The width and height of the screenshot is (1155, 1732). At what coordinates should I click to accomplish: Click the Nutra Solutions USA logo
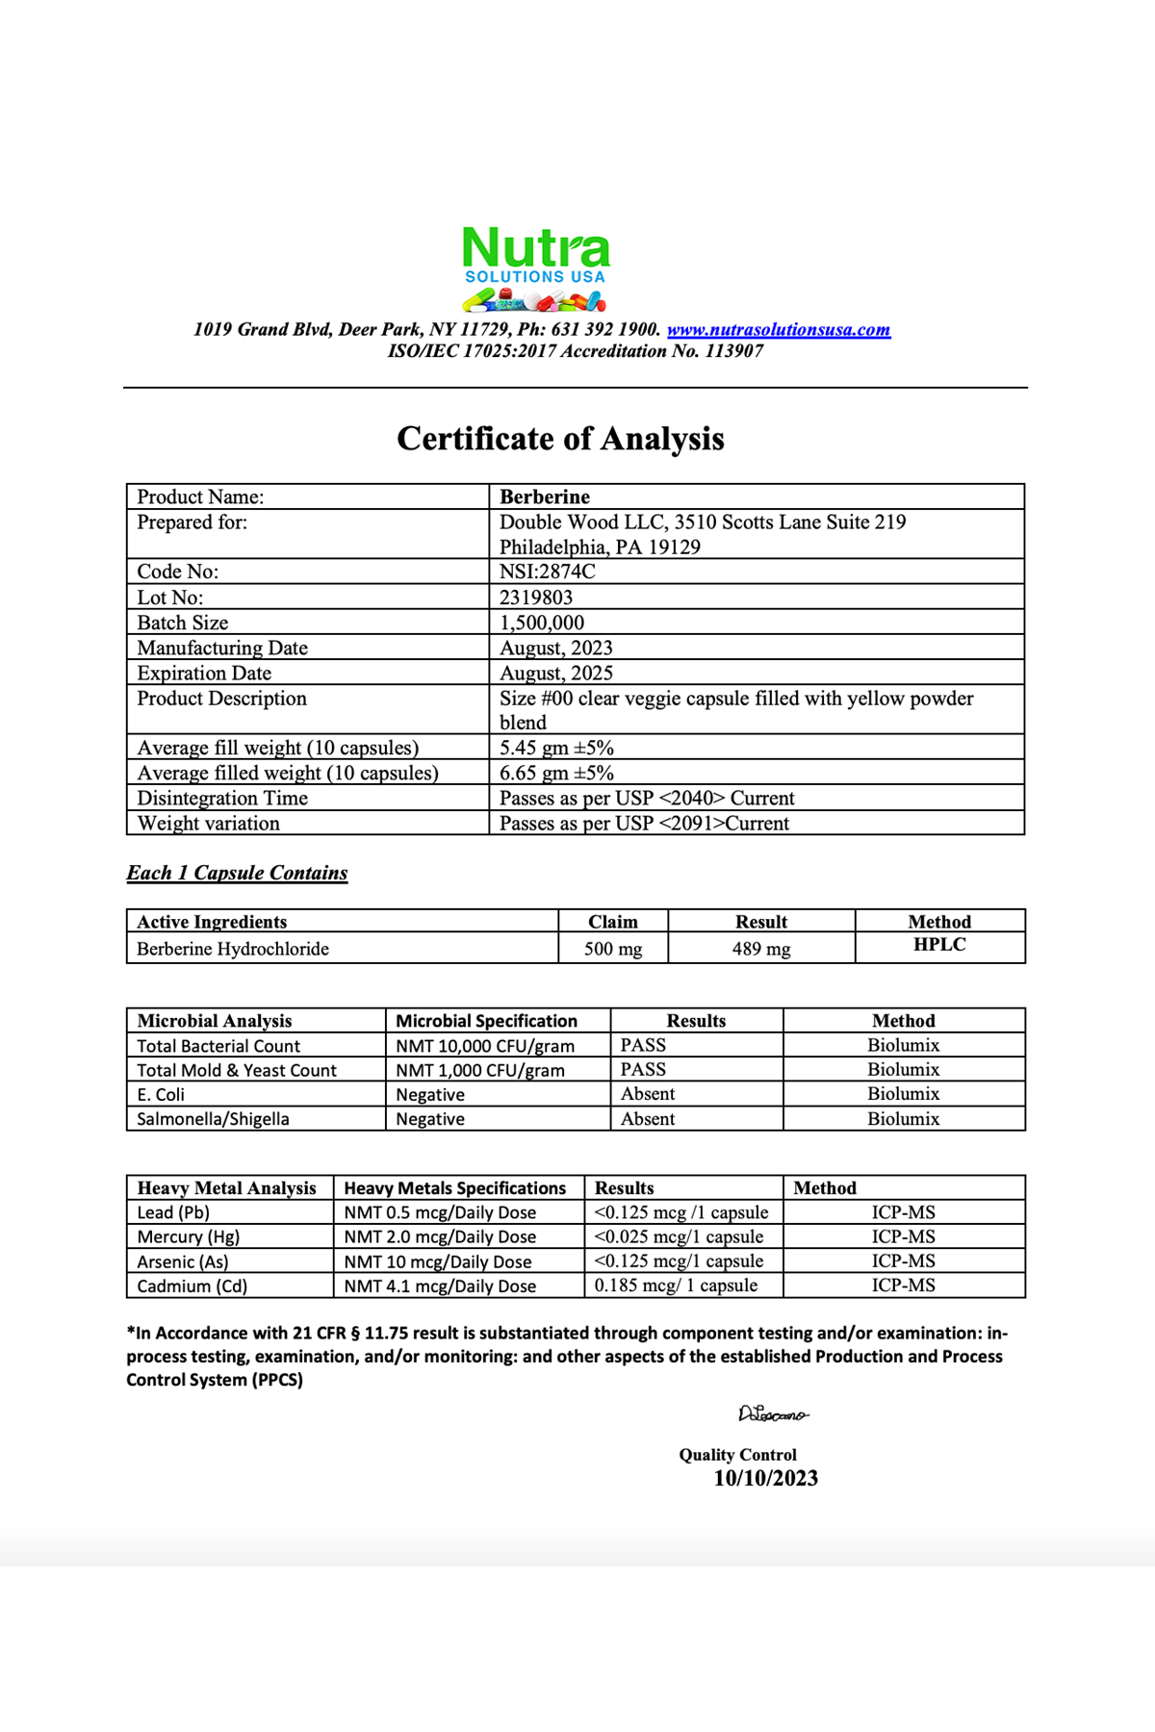pos(535,268)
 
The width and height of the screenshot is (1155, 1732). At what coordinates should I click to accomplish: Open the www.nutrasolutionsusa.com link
pos(778,330)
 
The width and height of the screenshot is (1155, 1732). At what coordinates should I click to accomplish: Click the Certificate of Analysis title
pos(560,439)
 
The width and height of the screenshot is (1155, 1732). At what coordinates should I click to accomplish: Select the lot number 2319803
pos(535,598)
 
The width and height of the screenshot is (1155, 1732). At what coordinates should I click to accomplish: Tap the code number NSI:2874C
pos(547,572)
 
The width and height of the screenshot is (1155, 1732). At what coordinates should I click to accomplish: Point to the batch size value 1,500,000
pos(541,623)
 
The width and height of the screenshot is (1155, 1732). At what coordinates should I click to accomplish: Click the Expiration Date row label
pos(204,673)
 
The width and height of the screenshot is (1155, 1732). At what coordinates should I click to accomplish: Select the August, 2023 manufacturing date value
pos(555,648)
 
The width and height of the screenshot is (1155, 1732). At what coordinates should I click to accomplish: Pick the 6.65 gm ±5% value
pos(556,773)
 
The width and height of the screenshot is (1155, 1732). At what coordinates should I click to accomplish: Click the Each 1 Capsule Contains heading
pos(237,873)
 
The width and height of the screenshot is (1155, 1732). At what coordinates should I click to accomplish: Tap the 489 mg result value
pos(760,949)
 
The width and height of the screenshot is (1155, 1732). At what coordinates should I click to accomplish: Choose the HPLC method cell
pos(938,945)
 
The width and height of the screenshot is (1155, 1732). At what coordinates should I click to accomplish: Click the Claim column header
pos(612,922)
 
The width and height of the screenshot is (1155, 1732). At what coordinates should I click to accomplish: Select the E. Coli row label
pos(161,1095)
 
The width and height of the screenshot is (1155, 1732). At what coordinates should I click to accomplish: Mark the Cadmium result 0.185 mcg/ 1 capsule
pos(676,1286)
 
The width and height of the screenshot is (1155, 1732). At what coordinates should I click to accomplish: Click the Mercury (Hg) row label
pos(188,1236)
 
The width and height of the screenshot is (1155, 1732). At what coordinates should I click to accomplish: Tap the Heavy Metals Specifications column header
pos(454,1188)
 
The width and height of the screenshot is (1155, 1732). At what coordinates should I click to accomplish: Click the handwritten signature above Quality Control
pos(773,1414)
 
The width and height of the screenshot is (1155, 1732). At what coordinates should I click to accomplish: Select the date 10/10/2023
pos(765,1479)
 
